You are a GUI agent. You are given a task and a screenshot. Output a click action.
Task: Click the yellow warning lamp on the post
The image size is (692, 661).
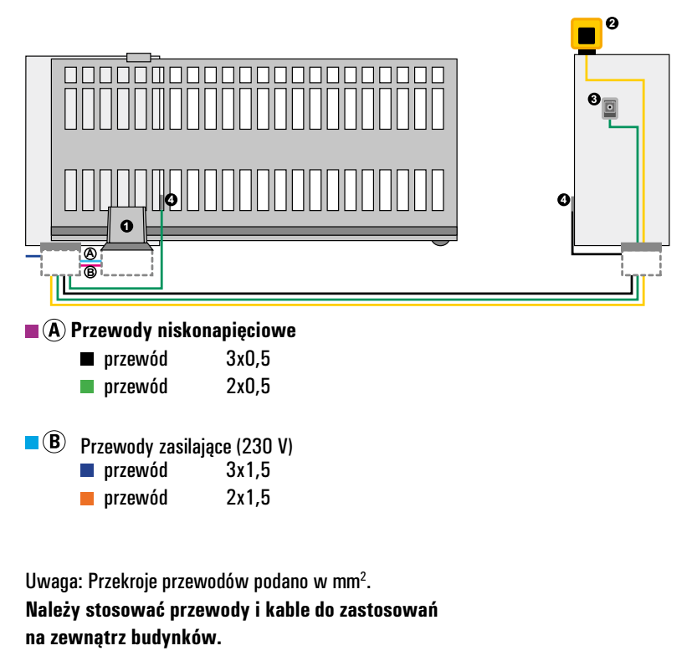click(587, 34)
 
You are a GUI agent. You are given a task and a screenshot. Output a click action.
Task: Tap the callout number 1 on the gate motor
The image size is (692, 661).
click(126, 227)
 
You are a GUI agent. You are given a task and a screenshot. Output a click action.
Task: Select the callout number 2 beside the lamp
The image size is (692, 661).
click(612, 23)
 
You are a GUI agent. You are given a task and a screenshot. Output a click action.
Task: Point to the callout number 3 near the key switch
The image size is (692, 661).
click(594, 100)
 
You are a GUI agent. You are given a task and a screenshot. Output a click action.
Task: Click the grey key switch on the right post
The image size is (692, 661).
click(610, 108)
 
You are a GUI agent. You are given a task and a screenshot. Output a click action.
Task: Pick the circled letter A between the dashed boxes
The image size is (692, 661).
click(90, 254)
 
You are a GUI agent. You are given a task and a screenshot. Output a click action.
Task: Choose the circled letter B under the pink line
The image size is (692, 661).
click(90, 272)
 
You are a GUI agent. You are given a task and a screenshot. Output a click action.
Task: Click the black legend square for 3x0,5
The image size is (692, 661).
click(87, 359)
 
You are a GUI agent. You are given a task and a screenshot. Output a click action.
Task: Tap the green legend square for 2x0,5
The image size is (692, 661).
click(87, 387)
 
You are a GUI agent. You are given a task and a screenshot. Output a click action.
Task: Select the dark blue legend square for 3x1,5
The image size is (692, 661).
click(87, 470)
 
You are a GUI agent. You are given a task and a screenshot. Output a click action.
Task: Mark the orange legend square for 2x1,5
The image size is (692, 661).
click(87, 498)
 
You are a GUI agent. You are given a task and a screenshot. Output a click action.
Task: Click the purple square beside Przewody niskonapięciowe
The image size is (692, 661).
click(32, 331)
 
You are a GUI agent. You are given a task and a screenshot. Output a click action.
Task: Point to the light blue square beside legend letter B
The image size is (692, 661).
click(32, 443)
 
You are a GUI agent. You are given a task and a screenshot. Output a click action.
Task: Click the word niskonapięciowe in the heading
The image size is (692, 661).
click(227, 330)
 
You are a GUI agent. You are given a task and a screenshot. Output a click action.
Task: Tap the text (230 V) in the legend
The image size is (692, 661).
click(264, 446)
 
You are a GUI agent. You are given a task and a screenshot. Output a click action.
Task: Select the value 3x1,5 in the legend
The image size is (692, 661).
click(248, 470)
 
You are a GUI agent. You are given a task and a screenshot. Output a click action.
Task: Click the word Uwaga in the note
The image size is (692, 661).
click(54, 582)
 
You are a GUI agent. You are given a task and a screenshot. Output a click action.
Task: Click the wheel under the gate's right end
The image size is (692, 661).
click(440, 243)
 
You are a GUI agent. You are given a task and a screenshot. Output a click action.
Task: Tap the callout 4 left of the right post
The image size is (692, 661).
click(564, 200)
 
